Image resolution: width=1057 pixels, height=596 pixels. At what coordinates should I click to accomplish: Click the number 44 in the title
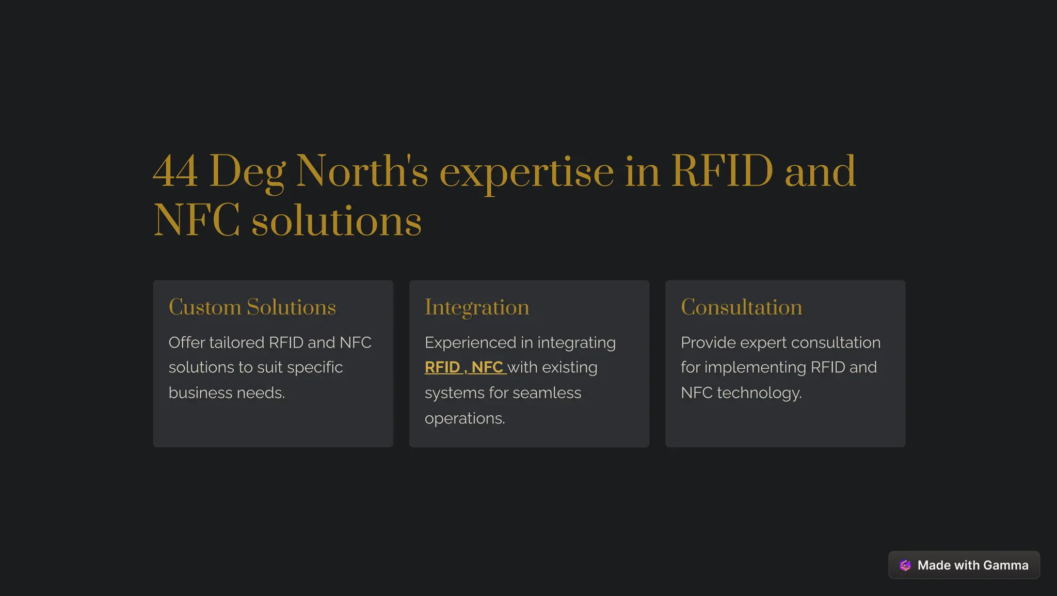coord(175,171)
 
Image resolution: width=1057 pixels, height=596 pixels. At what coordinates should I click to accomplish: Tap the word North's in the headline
coord(362,171)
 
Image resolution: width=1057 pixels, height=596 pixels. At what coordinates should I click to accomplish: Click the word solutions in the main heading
coord(337,221)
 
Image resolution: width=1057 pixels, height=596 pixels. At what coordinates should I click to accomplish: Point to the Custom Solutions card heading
coord(252,307)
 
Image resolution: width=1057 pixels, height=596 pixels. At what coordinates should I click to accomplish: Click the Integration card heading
coord(477,308)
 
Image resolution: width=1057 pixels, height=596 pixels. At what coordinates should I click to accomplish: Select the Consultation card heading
coord(742,307)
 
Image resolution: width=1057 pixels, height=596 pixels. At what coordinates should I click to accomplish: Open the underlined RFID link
coord(442,367)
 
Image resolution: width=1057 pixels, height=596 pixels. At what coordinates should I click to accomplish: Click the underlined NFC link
coord(487,367)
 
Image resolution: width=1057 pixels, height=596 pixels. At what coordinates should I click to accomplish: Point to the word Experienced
coord(470,342)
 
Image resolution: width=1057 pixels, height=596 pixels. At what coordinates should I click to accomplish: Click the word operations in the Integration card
coord(465,418)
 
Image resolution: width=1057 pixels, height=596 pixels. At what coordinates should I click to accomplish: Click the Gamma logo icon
coord(905,565)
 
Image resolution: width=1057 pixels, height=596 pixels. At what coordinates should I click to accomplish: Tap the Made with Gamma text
coord(973,565)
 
